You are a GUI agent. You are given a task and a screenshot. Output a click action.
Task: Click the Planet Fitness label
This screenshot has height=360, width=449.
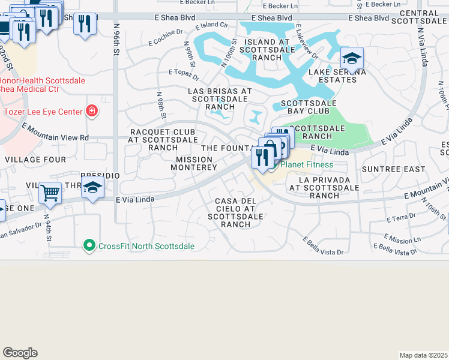pyautogui.click(x=307, y=164)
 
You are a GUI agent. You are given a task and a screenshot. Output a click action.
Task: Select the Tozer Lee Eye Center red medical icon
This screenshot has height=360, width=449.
pyautogui.click(x=91, y=111)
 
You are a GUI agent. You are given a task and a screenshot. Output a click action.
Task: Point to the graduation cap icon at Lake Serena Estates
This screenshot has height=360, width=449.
pyautogui.click(x=352, y=58)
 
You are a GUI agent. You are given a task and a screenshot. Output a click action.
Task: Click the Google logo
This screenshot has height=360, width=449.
pyautogui.click(x=20, y=353)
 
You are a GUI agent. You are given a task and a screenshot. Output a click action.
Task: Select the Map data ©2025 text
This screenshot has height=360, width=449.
pyautogui.click(x=423, y=355)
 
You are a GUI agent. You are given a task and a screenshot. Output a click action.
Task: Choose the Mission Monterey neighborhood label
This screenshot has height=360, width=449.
pyautogui.click(x=193, y=163)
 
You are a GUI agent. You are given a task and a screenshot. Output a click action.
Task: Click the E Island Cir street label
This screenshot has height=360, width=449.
pyautogui.click(x=212, y=26)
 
